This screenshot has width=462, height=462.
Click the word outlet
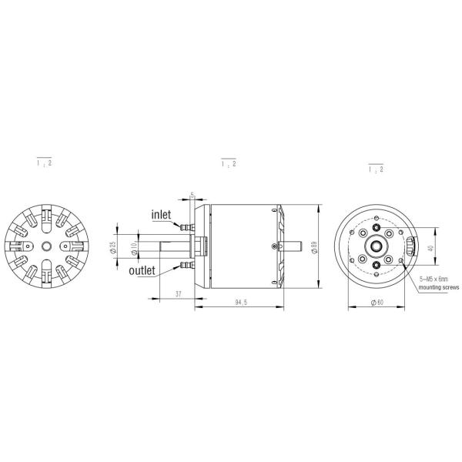[142, 270]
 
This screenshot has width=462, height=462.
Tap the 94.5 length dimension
[240, 303]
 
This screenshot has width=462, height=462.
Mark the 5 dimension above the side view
[192, 195]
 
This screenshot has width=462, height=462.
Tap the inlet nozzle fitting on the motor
[185, 227]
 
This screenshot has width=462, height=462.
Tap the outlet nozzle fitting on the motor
[185, 266]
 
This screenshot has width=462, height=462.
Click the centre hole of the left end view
[48, 246]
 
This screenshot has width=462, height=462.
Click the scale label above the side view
[229, 163]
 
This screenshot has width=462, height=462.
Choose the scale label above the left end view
[45, 163]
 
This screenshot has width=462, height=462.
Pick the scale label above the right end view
[377, 169]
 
